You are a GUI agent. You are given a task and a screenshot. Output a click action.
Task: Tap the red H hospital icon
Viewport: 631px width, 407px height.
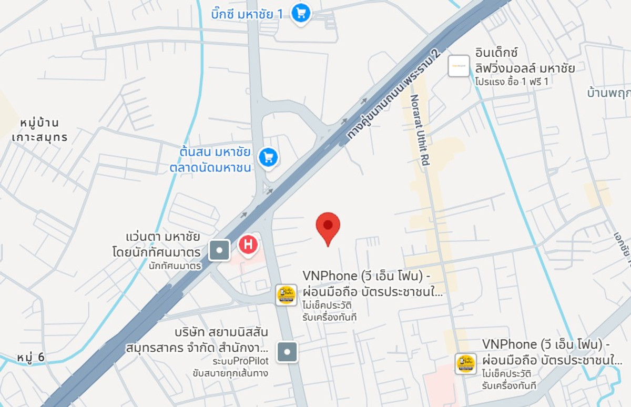pyautogui.click(x=248, y=245)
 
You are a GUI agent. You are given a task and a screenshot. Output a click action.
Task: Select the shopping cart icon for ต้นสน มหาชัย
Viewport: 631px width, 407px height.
pyautogui.click(x=269, y=157)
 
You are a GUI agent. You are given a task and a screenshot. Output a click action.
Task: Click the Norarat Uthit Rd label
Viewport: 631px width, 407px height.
pyautogui.click(x=420, y=130)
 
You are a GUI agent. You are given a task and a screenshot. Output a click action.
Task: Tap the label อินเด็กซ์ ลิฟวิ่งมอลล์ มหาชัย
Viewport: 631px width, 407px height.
pyautogui.click(x=524, y=60)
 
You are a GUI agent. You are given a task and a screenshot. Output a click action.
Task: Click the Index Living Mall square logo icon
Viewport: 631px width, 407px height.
pyautogui.click(x=459, y=66)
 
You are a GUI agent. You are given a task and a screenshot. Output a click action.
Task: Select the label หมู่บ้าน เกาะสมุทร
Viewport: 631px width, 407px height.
pyautogui.click(x=40, y=130)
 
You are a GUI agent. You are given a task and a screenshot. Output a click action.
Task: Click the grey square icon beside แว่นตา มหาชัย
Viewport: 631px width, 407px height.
pyautogui.click(x=219, y=250)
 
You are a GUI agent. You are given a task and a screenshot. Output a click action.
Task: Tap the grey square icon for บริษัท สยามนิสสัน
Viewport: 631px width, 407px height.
pyautogui.click(x=287, y=352)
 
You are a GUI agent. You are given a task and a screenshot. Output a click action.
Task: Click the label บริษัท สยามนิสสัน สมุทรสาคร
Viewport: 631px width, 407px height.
pyautogui.click(x=197, y=340)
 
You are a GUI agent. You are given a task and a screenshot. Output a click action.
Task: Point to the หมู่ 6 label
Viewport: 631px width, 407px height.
pyautogui.click(x=30, y=358)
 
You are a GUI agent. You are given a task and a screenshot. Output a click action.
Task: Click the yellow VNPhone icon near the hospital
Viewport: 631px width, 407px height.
pyautogui.click(x=286, y=295)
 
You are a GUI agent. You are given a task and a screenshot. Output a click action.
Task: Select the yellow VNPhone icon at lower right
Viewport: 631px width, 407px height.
pyautogui.click(x=466, y=364)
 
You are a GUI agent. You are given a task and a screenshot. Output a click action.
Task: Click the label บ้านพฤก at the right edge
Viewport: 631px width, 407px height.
pyautogui.click(x=608, y=93)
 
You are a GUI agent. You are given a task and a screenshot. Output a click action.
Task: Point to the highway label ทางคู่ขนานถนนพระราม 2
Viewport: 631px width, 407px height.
pyautogui.click(x=392, y=95)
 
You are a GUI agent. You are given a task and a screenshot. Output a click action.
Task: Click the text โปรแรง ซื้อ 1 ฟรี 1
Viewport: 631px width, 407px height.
pyautogui.click(x=511, y=82)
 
